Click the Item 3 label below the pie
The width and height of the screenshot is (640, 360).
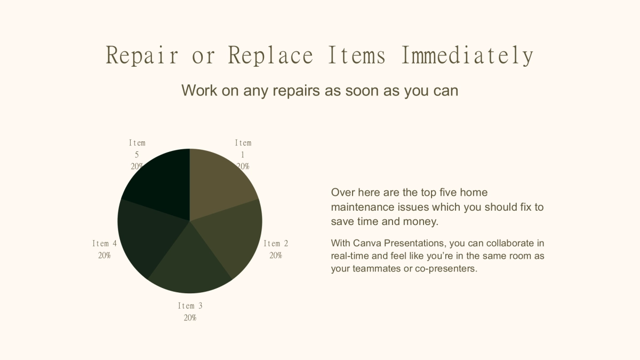coord(190,306)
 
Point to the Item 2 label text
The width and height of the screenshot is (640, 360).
coord(276,244)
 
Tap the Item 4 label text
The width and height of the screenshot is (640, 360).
coord(105,244)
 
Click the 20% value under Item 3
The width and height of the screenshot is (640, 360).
coord(190,318)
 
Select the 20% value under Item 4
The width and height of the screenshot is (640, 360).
coord(105,255)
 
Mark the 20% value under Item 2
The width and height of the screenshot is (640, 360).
coord(276,255)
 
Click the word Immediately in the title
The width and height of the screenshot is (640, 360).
coord(467,55)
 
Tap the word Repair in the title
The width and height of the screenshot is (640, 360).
coord(142,55)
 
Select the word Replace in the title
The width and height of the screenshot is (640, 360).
coord(270,55)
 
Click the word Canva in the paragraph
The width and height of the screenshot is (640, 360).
coord(367,243)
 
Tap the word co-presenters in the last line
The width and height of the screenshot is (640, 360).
coord(446,269)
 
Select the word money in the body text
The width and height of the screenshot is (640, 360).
coord(421,222)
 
